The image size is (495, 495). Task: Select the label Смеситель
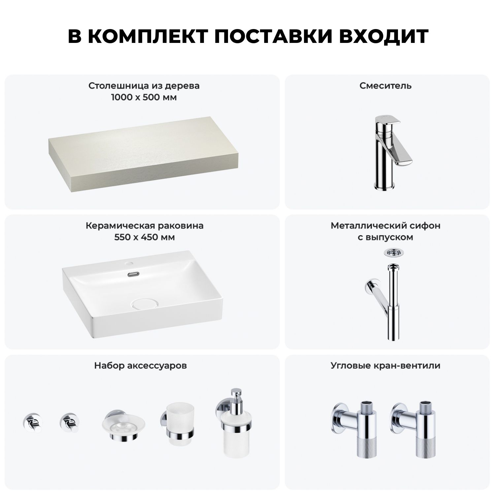385,86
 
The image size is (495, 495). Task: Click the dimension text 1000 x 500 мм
144,98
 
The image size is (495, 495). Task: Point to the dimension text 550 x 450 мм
145,237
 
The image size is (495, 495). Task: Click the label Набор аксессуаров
141,366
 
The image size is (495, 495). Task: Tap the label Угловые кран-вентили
385,366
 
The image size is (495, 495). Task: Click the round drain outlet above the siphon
392,253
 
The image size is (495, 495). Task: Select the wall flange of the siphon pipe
370,286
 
